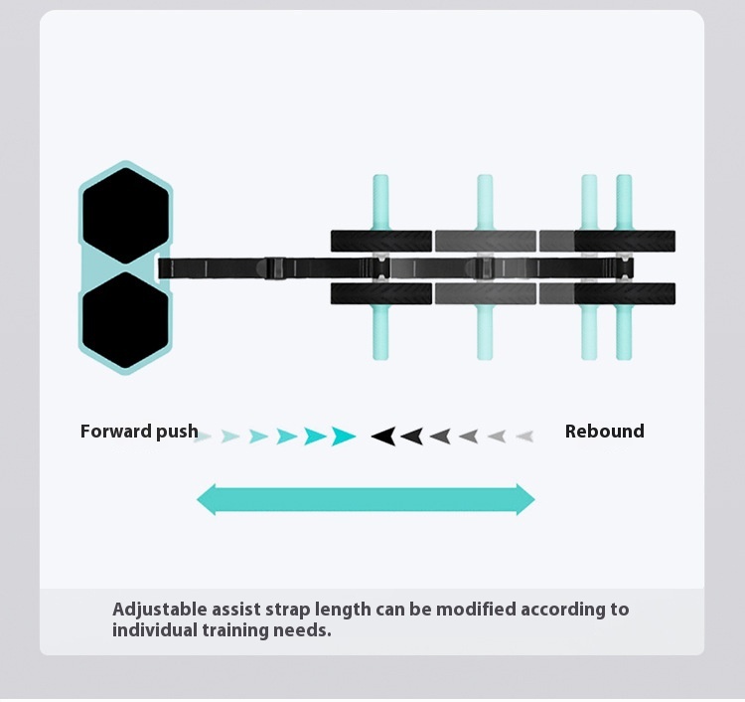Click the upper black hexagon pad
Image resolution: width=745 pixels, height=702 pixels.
pos(125,216)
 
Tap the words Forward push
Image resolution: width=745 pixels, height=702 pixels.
pos(139,432)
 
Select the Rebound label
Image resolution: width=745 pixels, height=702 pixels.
pos(604,432)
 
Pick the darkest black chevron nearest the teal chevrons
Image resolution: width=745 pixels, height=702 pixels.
pos(383,436)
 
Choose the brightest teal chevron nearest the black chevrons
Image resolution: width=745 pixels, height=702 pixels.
pos(344,436)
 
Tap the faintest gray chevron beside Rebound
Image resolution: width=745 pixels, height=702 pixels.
pos(524,436)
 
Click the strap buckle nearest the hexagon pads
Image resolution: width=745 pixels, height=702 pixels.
pos(275,268)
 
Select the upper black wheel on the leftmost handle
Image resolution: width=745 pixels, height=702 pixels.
pos(381,241)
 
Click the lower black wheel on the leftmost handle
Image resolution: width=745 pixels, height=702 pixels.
pos(381,294)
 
